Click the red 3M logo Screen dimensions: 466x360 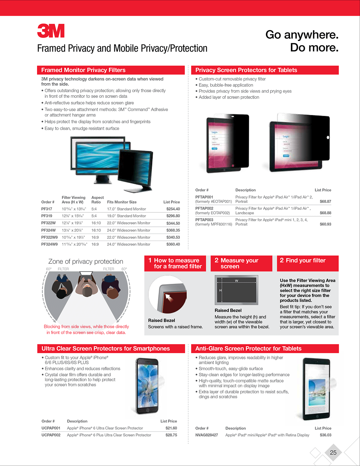(x=51, y=31)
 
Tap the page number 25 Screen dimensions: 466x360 (x=333, y=453)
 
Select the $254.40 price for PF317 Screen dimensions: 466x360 (x=173, y=209)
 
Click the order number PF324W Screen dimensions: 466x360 (x=48, y=230)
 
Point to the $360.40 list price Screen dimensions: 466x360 (x=173, y=244)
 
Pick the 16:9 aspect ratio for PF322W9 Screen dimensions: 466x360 (x=95, y=237)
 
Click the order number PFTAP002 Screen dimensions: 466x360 (x=204, y=208)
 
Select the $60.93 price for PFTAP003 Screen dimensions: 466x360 (x=325, y=224)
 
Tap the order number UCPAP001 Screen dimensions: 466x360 (x=51, y=428)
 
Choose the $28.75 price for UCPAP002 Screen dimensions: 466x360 (x=171, y=435)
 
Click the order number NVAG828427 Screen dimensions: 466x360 (x=207, y=435)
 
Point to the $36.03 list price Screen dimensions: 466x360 (x=325, y=435)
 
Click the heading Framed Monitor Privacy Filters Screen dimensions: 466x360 (x=83, y=70)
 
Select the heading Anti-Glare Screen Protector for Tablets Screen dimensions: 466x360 (x=248, y=349)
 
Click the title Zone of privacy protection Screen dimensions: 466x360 (x=86, y=261)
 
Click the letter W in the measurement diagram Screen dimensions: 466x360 (x=237, y=281)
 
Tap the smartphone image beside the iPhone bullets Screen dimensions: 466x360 (x=147, y=386)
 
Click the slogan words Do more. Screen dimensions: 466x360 (x=314, y=48)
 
